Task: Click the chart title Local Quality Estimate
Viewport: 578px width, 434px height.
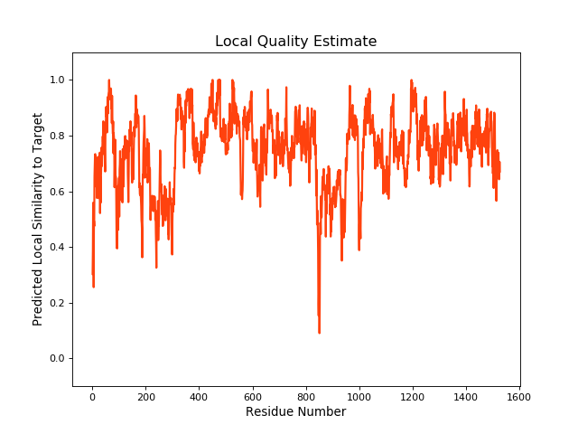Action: tap(295, 42)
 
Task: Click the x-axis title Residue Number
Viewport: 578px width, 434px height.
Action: tap(295, 412)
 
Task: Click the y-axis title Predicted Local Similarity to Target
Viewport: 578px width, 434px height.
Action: tap(38, 219)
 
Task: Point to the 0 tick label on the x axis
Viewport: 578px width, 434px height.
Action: tap(92, 396)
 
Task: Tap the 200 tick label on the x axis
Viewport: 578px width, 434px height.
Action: tap(145, 396)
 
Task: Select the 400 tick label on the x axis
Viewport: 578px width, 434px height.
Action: tap(199, 396)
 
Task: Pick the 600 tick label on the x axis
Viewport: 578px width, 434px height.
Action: tap(252, 396)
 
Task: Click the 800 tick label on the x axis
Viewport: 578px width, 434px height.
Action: tap(305, 396)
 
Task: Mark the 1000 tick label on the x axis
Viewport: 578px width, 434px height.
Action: tap(359, 396)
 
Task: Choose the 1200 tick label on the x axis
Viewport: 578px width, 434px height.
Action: tap(413, 396)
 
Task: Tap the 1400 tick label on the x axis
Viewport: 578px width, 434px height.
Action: tap(466, 396)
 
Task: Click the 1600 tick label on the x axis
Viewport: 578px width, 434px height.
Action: tap(519, 396)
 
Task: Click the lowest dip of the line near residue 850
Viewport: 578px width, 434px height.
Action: tap(319, 333)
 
